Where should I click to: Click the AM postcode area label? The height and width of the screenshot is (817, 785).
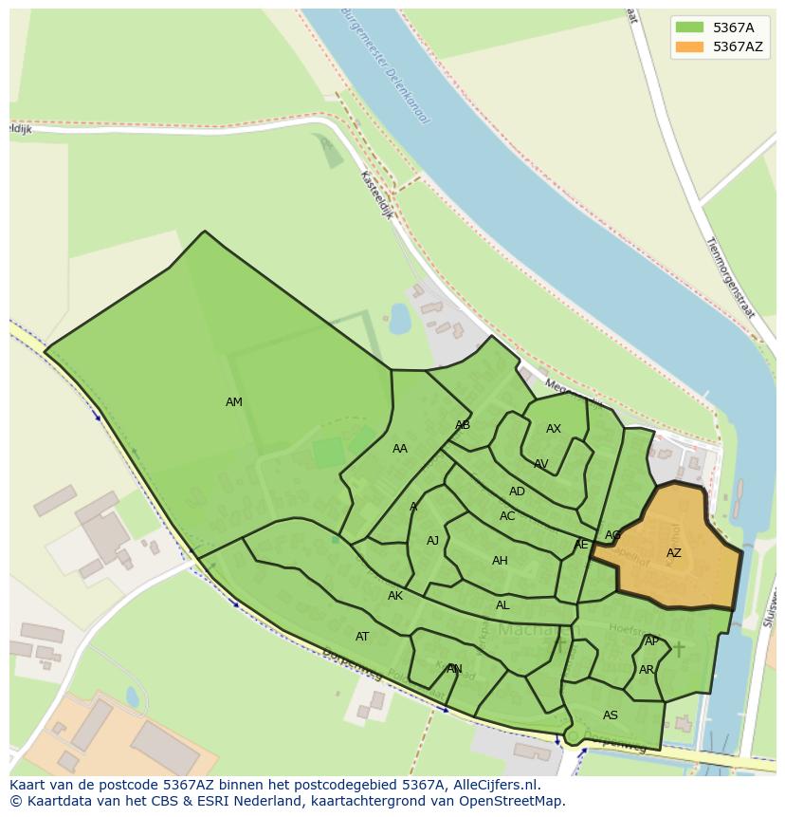click(234, 402)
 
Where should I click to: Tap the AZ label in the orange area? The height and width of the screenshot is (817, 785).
click(673, 553)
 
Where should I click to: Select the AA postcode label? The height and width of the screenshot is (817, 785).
click(400, 449)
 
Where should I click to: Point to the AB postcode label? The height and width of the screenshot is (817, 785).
click(463, 425)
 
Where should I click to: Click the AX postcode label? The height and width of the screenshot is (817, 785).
click(554, 429)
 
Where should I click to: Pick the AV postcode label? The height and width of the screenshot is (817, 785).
click(540, 464)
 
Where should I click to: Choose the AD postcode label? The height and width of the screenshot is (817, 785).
click(517, 492)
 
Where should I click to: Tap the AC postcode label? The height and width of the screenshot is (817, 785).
click(507, 516)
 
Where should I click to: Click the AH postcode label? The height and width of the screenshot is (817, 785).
click(500, 561)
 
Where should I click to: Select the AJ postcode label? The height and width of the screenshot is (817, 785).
click(432, 541)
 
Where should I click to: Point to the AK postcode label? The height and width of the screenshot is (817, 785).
click(395, 596)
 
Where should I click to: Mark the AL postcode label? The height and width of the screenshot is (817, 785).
click(502, 605)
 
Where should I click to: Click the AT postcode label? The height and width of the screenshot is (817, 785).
click(362, 637)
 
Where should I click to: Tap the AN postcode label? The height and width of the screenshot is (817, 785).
click(454, 669)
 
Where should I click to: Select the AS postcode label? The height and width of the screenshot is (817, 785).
click(611, 715)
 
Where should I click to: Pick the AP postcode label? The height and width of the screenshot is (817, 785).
click(651, 641)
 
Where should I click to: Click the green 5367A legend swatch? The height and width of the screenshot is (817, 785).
click(689, 27)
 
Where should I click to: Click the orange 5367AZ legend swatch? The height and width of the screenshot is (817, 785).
click(689, 46)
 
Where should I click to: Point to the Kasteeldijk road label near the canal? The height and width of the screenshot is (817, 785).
click(376, 195)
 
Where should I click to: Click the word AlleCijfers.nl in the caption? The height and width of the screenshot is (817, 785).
click(496, 786)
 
